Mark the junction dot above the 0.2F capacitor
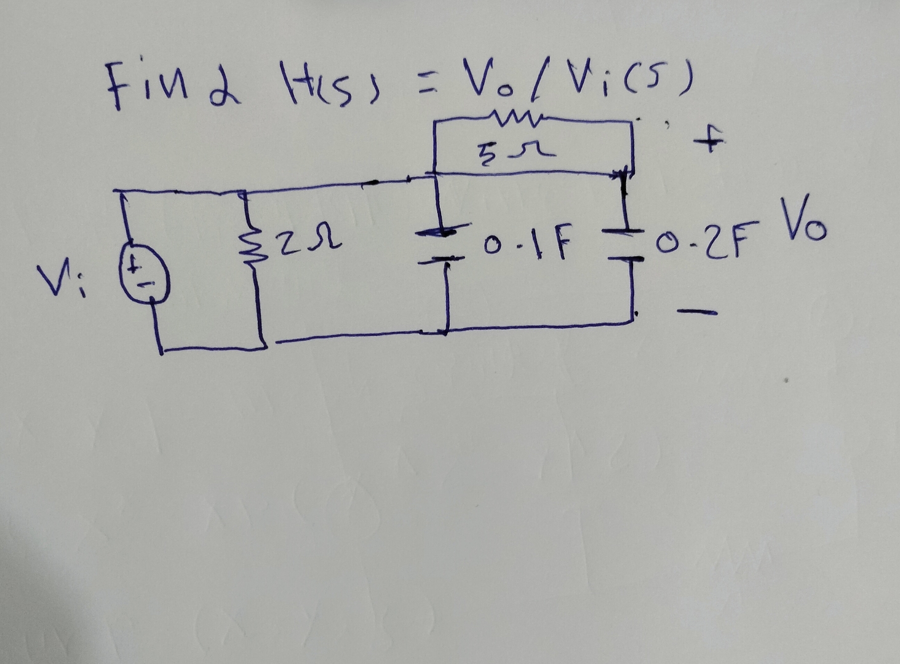(x=623, y=175)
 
